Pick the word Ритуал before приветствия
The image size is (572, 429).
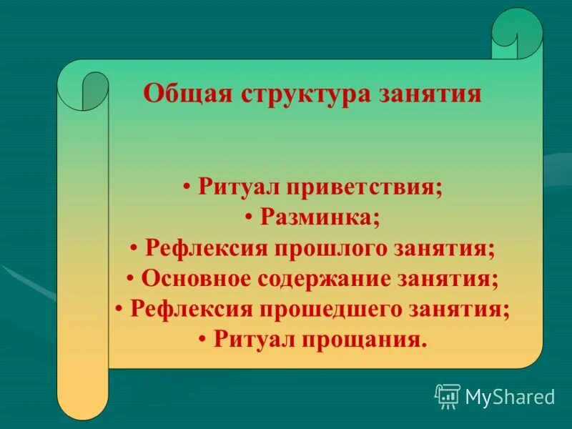tap(238, 188)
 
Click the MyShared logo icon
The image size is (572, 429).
tap(448, 395)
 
